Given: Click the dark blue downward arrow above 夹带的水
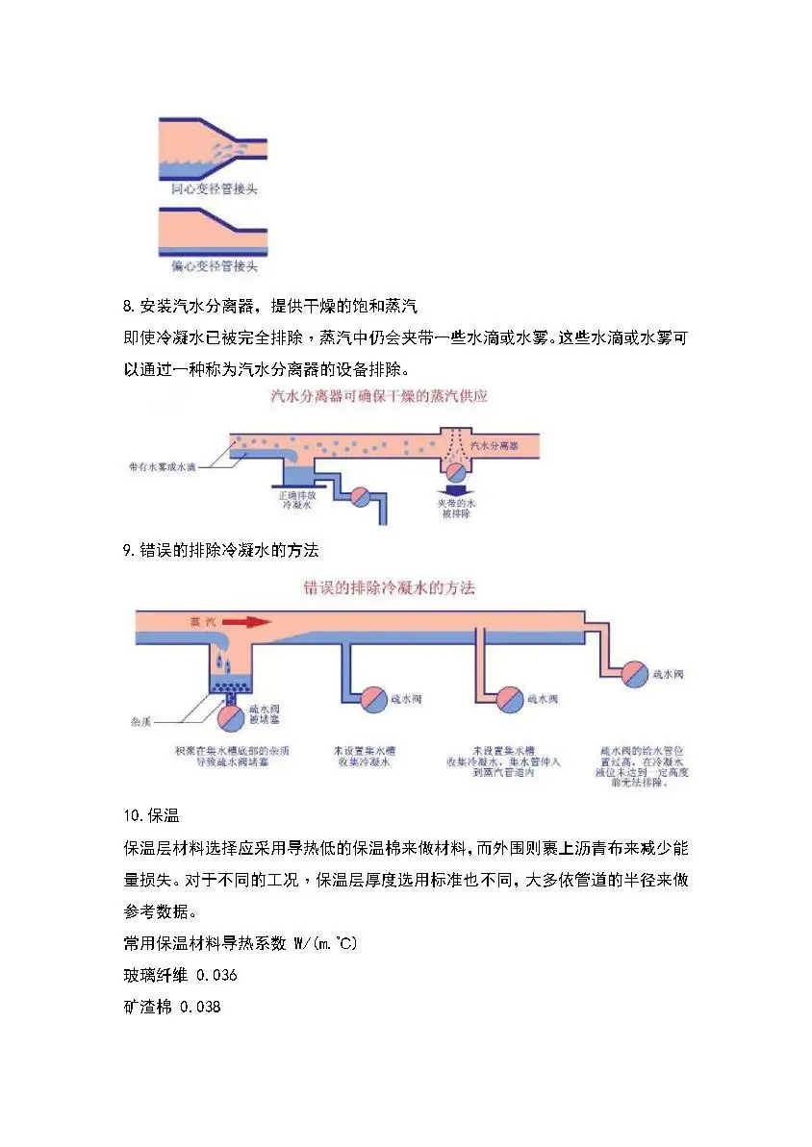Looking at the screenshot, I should [457, 489].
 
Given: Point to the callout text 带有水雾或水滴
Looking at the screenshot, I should [163, 467].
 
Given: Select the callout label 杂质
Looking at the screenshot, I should [140, 719].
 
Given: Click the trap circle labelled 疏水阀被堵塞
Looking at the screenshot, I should [231, 718].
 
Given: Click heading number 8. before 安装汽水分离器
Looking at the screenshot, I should [130, 308].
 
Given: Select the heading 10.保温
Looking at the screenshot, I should [146, 816].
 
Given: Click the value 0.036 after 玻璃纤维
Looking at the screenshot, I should [216, 976].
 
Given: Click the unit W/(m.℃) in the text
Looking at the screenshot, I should [324, 944].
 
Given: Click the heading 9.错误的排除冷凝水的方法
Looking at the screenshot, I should [220, 551].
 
